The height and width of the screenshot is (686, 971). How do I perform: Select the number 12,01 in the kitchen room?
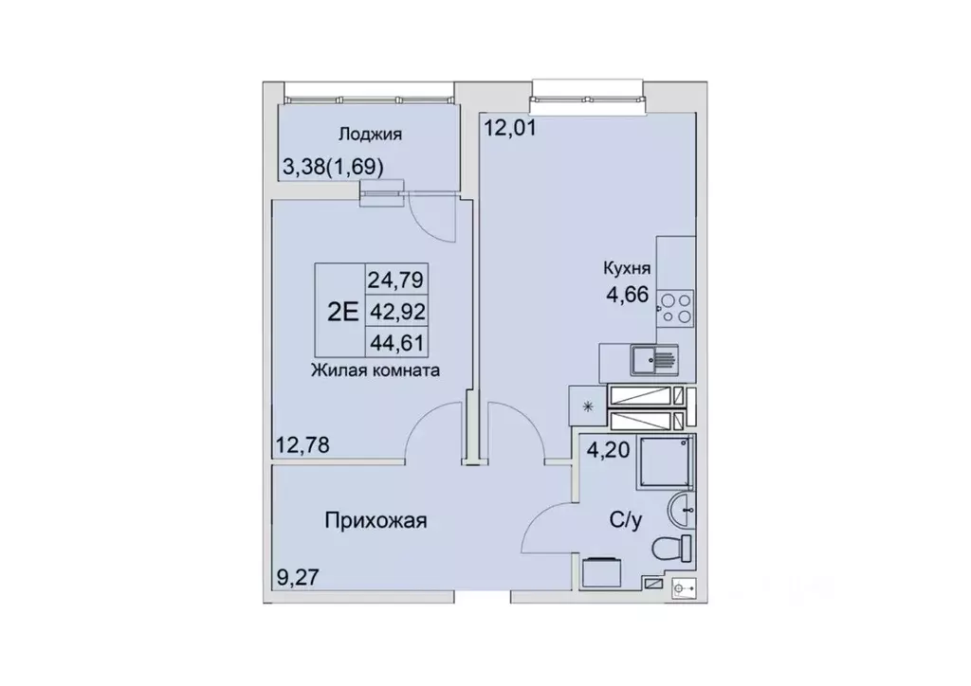pyautogui.click(x=511, y=128)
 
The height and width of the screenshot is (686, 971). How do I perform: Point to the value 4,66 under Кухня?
pyautogui.click(x=628, y=294)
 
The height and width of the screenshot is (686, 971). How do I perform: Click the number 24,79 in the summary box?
pyautogui.click(x=395, y=280)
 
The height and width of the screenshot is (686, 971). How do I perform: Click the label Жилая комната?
pyautogui.click(x=374, y=371)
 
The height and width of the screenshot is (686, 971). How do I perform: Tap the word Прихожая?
pyautogui.click(x=376, y=520)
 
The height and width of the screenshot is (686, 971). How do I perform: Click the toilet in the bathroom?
pyautogui.click(x=677, y=549)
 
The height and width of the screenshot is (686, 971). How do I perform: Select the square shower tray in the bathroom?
pyautogui.click(x=667, y=463)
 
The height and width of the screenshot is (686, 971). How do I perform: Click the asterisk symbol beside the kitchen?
pyautogui.click(x=587, y=408)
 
